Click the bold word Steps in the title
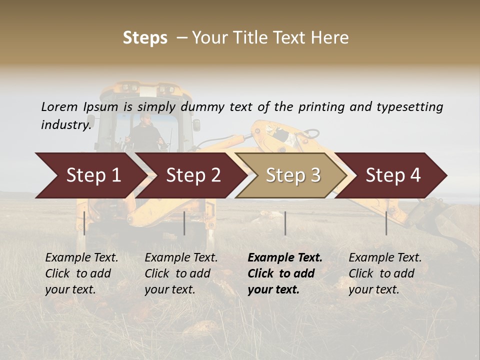click(x=145, y=38)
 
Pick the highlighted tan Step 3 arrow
click(x=293, y=175)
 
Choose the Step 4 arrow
click(x=393, y=175)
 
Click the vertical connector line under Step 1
click(x=84, y=223)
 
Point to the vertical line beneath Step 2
click(x=184, y=223)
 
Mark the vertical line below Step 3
click(x=285, y=223)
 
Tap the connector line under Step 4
click(x=386, y=223)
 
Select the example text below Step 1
click(x=81, y=273)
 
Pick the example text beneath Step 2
click(x=181, y=273)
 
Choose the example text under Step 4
click(x=385, y=273)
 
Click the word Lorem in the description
click(x=59, y=106)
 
